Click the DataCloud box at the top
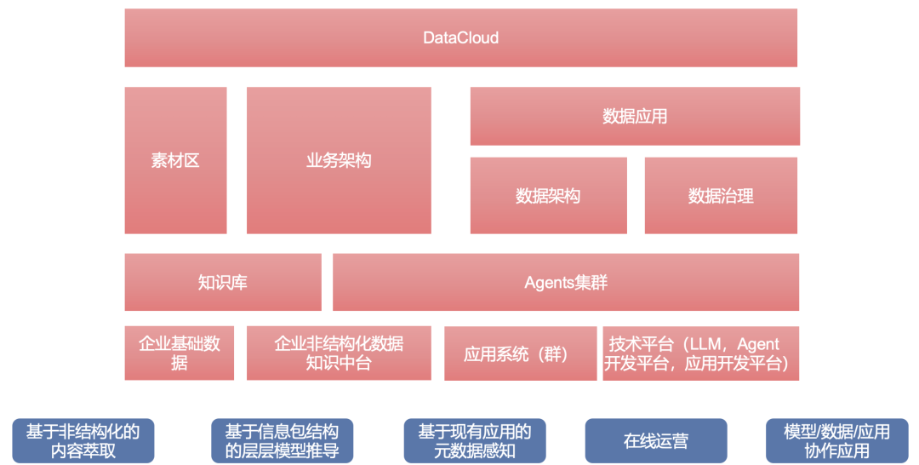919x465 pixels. click(x=460, y=37)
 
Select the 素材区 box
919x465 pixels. click(x=175, y=160)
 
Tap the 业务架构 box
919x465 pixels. click(x=339, y=160)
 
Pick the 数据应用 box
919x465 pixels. click(x=635, y=116)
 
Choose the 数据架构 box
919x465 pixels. click(x=548, y=196)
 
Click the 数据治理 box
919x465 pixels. click(x=721, y=196)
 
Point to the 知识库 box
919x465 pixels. click(x=223, y=282)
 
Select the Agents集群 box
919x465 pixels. click(x=566, y=282)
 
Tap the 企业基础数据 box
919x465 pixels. click(x=180, y=353)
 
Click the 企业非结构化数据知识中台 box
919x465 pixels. click(x=339, y=353)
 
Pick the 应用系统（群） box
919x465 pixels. click(x=520, y=353)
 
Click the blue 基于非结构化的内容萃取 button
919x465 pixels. click(x=83, y=441)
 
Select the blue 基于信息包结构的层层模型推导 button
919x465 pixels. click(x=282, y=441)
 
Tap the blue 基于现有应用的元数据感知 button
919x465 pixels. click(x=475, y=441)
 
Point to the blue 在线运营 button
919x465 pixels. click(x=656, y=441)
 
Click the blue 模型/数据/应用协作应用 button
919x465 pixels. click(x=836, y=441)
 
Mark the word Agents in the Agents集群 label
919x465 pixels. click(x=550, y=283)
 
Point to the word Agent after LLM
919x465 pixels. click(x=758, y=344)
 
